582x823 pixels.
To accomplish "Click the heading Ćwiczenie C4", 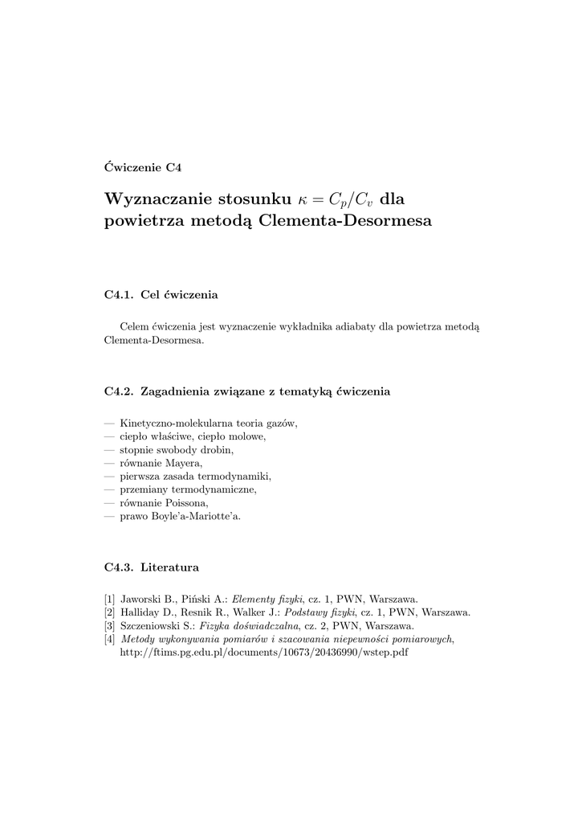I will coord(143,168).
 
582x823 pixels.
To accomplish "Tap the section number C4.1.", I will coord(117,296).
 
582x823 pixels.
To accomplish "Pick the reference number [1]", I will coord(109,599).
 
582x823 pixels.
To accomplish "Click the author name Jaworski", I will coord(140,599).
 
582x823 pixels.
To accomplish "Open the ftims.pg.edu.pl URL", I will coord(263,652).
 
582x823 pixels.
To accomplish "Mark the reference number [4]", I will coord(109,638).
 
